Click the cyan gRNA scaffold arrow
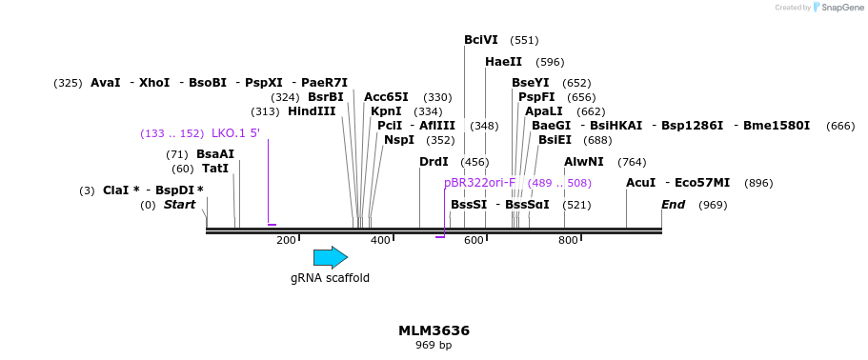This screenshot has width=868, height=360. [x=330, y=257]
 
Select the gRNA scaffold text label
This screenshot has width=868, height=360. [x=330, y=278]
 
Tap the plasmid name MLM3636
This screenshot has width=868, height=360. [x=434, y=330]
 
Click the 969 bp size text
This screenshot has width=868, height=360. [x=434, y=345]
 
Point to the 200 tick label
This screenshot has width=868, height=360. [x=286, y=241]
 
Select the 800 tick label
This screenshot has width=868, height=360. [x=568, y=241]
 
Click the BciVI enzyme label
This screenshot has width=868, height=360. [x=481, y=40]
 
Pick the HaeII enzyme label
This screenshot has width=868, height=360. [x=503, y=62]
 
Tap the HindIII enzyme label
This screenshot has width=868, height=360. [x=312, y=111]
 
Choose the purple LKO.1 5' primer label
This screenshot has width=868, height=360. [x=235, y=133]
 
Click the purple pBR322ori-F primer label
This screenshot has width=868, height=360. [x=479, y=183]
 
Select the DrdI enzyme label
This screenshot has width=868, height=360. [x=434, y=162]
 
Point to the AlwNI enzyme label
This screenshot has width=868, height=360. [x=584, y=162]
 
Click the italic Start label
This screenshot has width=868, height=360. [x=179, y=205]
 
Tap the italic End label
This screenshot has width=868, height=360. [x=674, y=205]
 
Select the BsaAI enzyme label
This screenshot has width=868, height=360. [x=214, y=154]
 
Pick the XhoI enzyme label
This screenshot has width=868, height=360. [x=154, y=83]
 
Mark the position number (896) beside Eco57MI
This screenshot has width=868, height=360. [x=758, y=183]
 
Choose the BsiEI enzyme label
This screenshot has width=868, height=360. [x=555, y=140]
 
